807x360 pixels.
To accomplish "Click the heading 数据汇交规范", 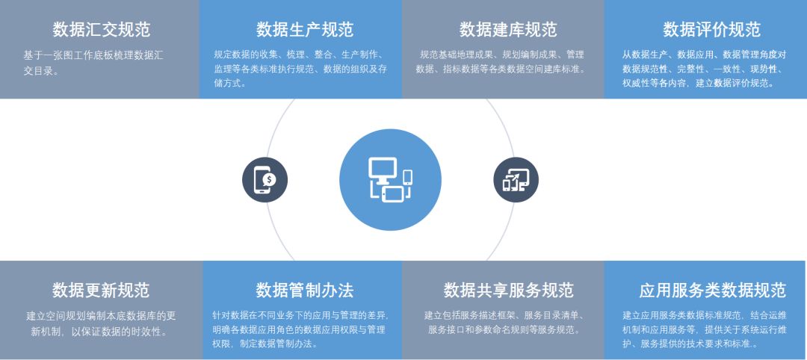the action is [x=102, y=30].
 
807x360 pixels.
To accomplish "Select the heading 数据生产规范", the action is [x=305, y=30].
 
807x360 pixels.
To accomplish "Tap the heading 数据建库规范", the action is [x=508, y=30].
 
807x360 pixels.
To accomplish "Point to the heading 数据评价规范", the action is [x=711, y=30].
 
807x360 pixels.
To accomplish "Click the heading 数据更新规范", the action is [x=101, y=291].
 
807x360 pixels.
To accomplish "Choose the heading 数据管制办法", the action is [x=305, y=291].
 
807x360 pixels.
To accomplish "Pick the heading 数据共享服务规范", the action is [x=509, y=291].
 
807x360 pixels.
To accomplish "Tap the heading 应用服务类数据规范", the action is [x=713, y=291].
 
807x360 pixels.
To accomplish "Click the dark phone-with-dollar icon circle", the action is [x=265, y=179].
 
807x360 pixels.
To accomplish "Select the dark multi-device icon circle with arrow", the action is [x=516, y=179].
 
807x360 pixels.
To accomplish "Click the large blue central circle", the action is [x=390, y=179].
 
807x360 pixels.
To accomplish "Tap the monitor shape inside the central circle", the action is [x=383, y=170].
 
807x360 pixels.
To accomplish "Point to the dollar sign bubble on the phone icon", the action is [x=269, y=179].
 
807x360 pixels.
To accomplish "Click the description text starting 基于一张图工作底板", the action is [x=93, y=63].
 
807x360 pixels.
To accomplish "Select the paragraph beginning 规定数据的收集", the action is [x=300, y=69].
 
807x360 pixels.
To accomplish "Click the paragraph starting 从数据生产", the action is [x=704, y=69].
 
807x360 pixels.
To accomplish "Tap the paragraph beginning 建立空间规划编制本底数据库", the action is [x=101, y=323].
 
